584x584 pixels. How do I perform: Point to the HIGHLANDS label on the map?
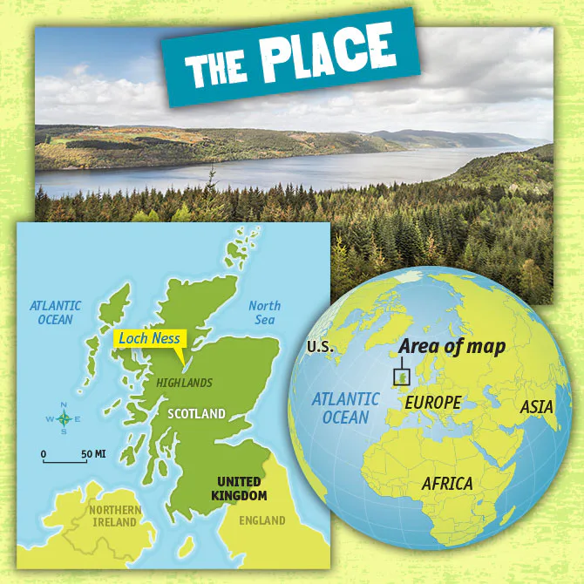(x=183, y=383)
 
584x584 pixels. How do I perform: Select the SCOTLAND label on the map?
(x=197, y=413)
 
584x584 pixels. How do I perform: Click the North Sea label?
(x=264, y=313)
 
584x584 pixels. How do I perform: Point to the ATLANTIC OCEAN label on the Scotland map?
(x=56, y=312)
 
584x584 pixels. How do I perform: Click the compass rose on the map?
(x=64, y=419)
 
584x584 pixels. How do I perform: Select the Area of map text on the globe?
(x=452, y=346)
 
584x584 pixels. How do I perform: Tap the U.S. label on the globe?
(x=320, y=348)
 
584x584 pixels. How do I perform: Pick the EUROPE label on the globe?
(x=432, y=403)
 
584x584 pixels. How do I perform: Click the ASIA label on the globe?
(x=536, y=406)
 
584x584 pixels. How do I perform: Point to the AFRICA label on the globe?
(x=446, y=483)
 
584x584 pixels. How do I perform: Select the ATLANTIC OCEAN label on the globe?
(x=346, y=408)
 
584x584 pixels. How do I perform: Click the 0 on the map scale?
(x=44, y=453)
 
